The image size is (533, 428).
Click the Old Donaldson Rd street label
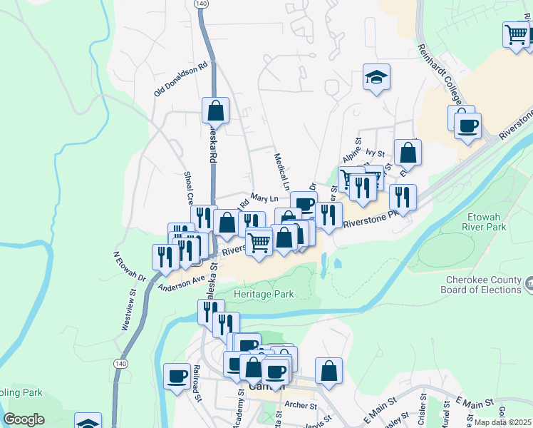(x=180, y=79)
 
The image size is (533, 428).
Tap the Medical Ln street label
(x=281, y=171)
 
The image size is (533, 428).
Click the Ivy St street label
(x=375, y=153)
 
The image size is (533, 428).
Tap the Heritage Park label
(x=264, y=294)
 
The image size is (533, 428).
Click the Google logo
(x=24, y=419)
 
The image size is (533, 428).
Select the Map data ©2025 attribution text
(x=502, y=422)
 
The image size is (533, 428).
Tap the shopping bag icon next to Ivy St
(x=408, y=151)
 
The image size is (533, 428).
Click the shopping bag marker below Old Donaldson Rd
(x=215, y=110)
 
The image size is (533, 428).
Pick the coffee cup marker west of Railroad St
(x=177, y=375)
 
